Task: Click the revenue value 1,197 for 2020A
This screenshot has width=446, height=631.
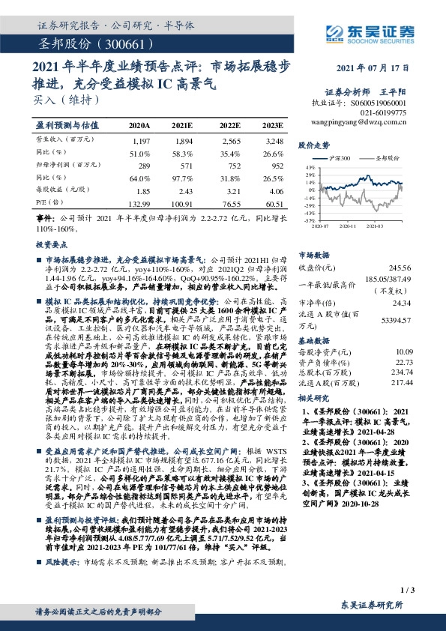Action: click(x=141, y=140)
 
